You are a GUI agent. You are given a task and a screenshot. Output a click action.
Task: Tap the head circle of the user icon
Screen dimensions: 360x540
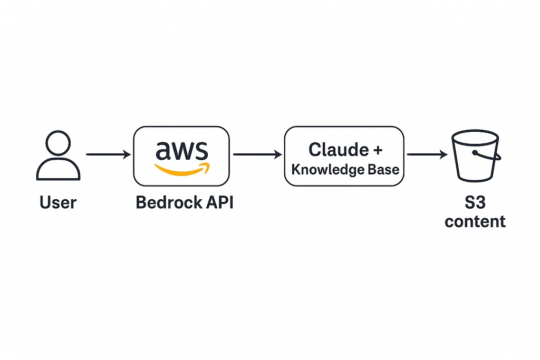click(x=58, y=143)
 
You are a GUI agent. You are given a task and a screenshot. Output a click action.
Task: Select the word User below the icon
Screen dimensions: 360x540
click(x=58, y=202)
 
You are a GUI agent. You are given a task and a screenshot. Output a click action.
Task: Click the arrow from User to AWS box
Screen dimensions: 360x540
click(x=108, y=154)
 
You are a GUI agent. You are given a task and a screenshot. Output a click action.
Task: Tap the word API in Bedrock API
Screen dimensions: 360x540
click(x=218, y=202)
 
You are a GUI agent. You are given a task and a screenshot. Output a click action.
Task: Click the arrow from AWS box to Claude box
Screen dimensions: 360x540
click(x=257, y=154)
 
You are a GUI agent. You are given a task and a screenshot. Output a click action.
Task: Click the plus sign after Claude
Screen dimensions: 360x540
click(x=377, y=150)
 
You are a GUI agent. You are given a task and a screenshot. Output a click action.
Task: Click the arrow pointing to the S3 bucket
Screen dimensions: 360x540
click(x=427, y=154)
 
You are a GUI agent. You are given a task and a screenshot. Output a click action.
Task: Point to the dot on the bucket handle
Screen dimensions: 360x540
click(x=475, y=153)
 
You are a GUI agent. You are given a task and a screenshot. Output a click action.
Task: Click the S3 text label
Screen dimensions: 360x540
click(x=475, y=202)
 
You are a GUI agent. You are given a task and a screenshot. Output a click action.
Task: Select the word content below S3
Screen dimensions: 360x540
click(x=475, y=221)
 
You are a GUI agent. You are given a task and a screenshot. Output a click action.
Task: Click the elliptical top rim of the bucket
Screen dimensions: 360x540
click(x=475, y=135)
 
